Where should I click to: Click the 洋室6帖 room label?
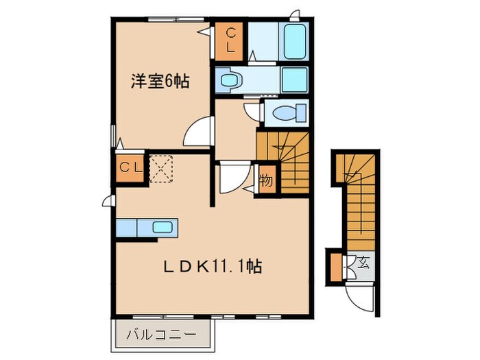coord(160,81)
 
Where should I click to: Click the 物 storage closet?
coord(266,181)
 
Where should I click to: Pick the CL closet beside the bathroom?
coord(231,39)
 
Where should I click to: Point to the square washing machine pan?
coord(296,80)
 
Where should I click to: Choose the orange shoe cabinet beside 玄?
coord(335,267)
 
